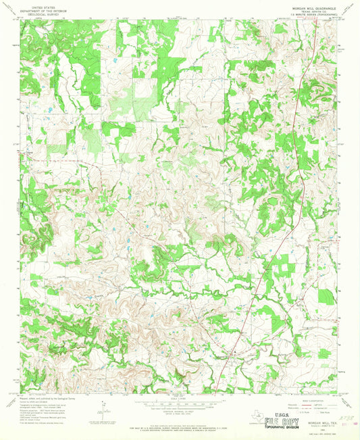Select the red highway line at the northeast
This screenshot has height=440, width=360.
(x=297, y=81)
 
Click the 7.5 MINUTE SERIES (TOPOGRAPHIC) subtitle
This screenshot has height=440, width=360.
(x=307, y=15)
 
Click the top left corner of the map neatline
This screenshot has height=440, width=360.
(x=20, y=20)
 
